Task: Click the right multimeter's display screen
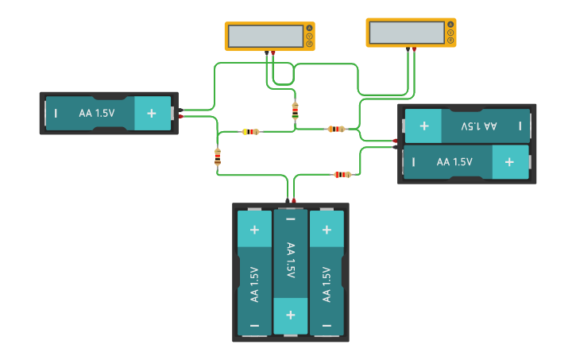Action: tap(406, 33)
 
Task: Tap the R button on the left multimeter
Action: tap(309, 43)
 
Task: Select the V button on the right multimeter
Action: tap(450, 32)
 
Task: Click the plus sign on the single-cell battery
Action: tap(151, 114)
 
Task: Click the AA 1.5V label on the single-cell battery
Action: tap(97, 114)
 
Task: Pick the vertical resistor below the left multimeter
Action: tap(295, 110)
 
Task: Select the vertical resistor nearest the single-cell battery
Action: tap(218, 157)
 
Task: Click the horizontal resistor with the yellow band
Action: tap(250, 131)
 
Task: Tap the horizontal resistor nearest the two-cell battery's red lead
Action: tap(336, 129)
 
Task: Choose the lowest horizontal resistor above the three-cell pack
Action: tap(342, 174)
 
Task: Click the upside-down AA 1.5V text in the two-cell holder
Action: tap(479, 126)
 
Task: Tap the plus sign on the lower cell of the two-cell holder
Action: tap(508, 162)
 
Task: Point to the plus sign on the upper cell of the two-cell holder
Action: tap(424, 126)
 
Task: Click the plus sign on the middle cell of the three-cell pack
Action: tap(290, 313)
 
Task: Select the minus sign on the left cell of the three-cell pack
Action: tap(254, 326)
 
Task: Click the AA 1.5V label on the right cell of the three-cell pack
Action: tap(326, 284)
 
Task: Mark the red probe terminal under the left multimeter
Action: tap(273, 53)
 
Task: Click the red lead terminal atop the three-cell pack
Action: tap(294, 200)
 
